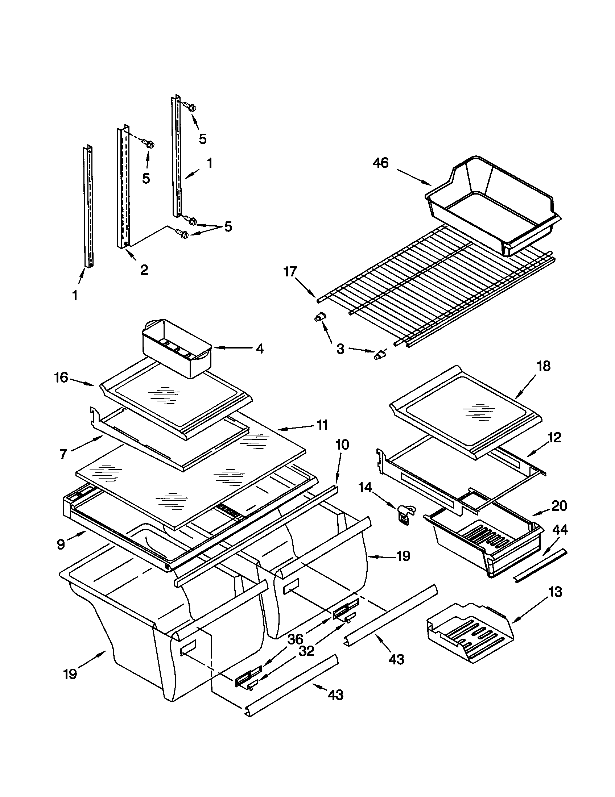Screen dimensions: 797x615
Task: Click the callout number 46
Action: pyautogui.click(x=381, y=163)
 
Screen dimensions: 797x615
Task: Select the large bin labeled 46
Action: pyautogui.click(x=493, y=204)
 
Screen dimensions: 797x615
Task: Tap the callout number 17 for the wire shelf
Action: pyautogui.click(x=290, y=272)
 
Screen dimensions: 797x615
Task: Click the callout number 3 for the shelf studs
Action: pyautogui.click(x=340, y=349)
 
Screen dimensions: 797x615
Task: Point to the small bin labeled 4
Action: pyautogui.click(x=175, y=347)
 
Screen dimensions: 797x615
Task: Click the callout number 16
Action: pyautogui.click(x=61, y=377)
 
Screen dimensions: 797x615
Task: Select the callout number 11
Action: pyautogui.click(x=322, y=425)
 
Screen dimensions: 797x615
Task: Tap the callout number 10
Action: pyautogui.click(x=342, y=445)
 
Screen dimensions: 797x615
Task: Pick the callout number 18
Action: pyautogui.click(x=544, y=366)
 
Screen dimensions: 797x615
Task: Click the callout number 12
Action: pyautogui.click(x=554, y=437)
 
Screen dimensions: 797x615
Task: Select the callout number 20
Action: pyautogui.click(x=559, y=506)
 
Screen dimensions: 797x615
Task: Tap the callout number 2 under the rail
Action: pyautogui.click(x=144, y=270)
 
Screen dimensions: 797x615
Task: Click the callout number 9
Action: pyautogui.click(x=61, y=544)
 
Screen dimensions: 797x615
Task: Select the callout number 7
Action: pyautogui.click(x=63, y=454)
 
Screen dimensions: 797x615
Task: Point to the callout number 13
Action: pyautogui.click(x=555, y=592)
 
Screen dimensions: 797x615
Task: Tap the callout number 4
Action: pyautogui.click(x=259, y=349)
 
